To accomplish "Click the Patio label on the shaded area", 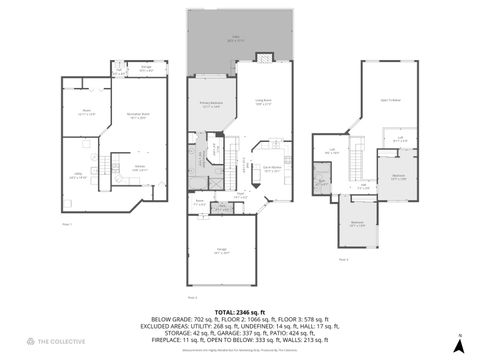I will pyautogui.click(x=237, y=36).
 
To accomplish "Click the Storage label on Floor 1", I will pyautogui.click(x=146, y=68).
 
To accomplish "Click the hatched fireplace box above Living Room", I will pyautogui.click(x=263, y=58).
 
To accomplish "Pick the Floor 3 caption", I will pyautogui.click(x=343, y=259).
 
